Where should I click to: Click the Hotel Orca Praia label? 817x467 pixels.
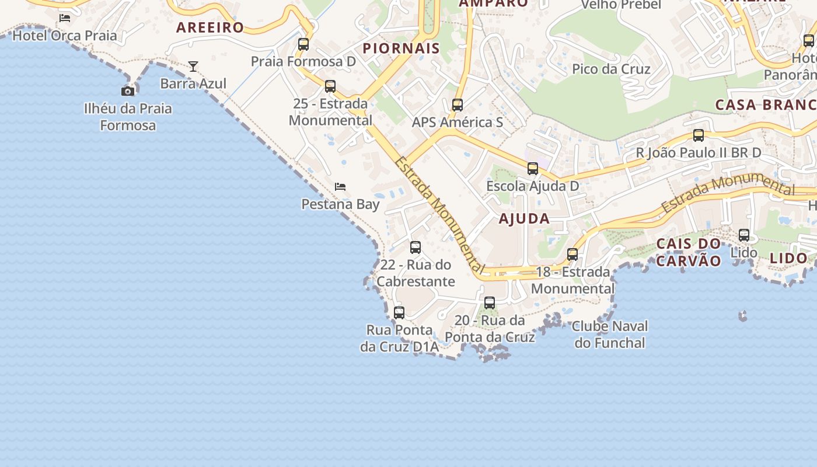tap(65, 35)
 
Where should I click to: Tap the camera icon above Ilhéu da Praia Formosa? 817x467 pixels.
tap(128, 90)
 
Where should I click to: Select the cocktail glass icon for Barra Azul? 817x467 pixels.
tap(193, 67)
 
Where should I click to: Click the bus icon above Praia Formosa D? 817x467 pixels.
tap(303, 44)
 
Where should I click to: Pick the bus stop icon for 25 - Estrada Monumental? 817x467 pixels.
tap(330, 86)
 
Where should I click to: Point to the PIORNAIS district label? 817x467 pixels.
tap(401, 48)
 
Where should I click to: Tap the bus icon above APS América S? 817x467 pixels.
tap(458, 105)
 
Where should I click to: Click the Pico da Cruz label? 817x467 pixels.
tap(611, 69)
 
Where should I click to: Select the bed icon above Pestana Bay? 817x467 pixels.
tap(340, 187)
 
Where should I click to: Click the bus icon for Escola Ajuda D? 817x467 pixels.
tap(533, 169)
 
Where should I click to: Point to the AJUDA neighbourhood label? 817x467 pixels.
tap(524, 219)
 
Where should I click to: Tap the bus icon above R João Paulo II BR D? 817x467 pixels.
tap(699, 135)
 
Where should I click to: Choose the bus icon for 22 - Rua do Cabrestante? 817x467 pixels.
tap(416, 247)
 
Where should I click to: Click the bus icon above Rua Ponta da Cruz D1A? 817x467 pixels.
tap(399, 312)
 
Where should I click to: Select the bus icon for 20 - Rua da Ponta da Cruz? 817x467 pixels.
tap(490, 303)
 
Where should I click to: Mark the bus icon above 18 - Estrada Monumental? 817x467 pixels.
tap(572, 255)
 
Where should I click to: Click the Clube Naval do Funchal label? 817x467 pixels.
tap(610, 334)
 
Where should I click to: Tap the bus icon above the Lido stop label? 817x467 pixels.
tap(744, 235)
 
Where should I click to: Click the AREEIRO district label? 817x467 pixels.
tap(210, 27)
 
